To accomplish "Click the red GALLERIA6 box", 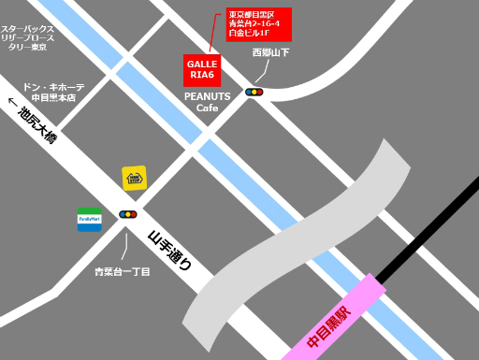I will click(201, 70).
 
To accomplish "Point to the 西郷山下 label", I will click(270, 53).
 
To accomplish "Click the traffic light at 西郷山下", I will click(254, 92).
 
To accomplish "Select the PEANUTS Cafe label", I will click(207, 102).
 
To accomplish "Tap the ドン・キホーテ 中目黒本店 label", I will click(53, 92).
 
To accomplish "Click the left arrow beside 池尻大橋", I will click(12, 103).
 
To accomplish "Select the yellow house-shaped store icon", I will click(134, 178).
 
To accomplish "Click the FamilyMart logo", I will click(89, 220).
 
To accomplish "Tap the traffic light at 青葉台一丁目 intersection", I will click(128, 214).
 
